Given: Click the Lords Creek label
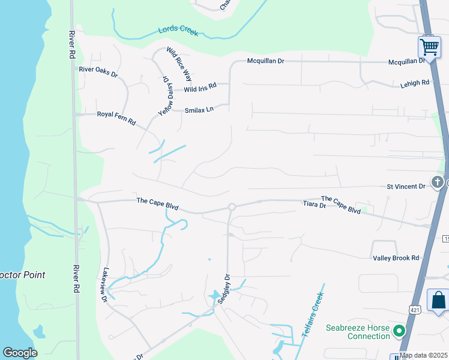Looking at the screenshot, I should (178, 31).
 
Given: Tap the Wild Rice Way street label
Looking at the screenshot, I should (179, 64).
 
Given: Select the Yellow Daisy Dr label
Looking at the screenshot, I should (163, 95).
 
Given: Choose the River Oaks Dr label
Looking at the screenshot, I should (98, 70).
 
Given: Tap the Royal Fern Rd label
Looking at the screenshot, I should (116, 114).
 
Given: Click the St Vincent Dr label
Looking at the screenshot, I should (405, 187).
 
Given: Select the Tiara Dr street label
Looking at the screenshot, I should (314, 205).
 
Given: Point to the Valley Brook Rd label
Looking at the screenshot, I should (396, 257).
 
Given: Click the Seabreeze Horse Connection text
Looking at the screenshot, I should (358, 332).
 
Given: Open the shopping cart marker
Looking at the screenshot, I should (429, 47).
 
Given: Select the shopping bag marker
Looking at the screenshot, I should (438, 300).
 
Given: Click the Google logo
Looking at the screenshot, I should (20, 353).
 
